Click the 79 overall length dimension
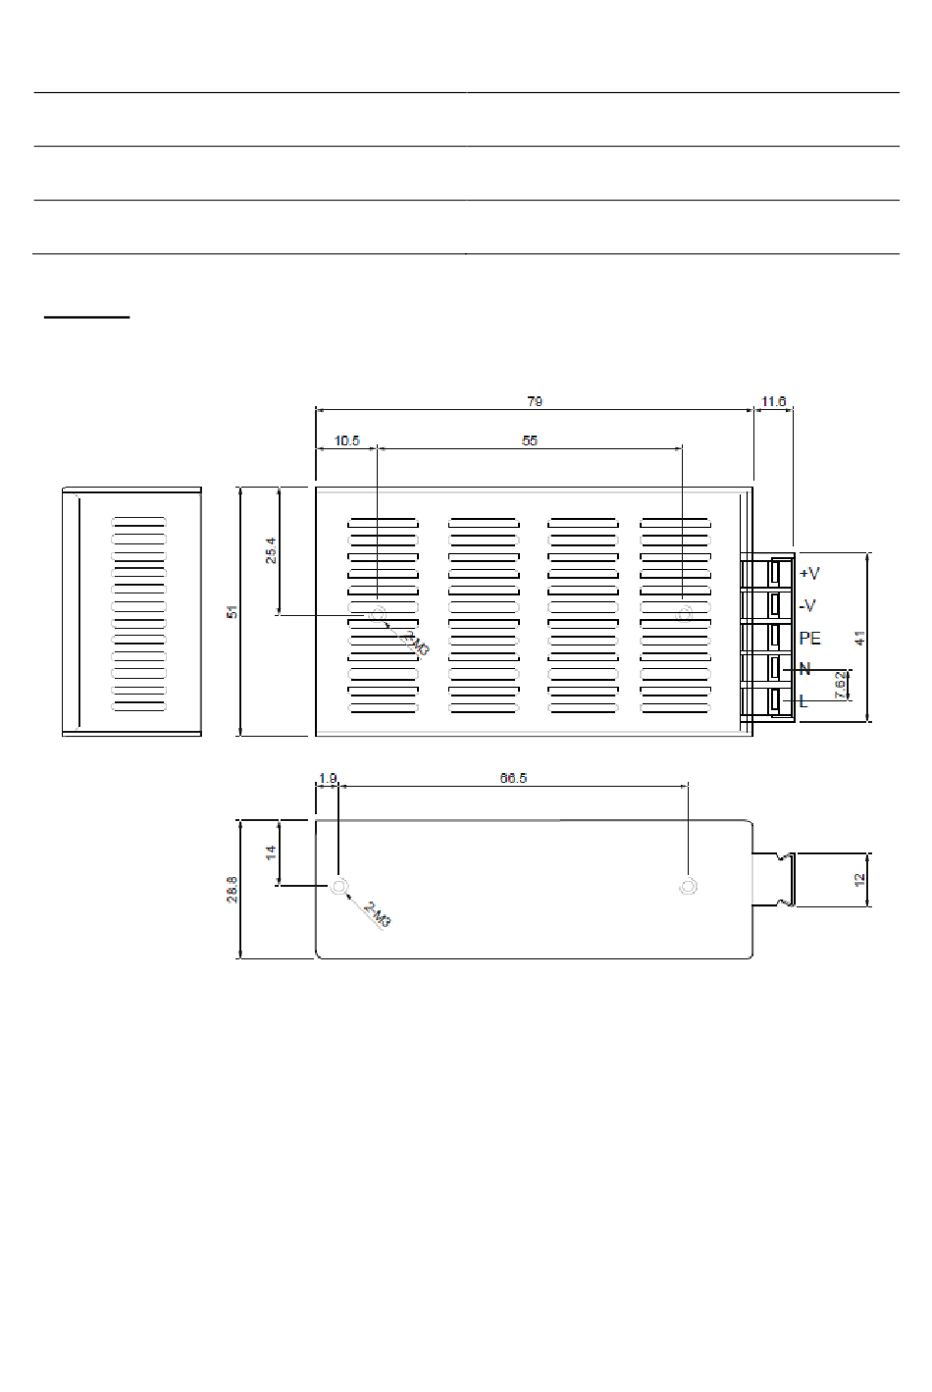tap(535, 401)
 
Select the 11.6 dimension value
tap(773, 401)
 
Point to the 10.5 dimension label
tap(347, 440)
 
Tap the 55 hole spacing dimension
tap(530, 440)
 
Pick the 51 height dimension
tap(233, 611)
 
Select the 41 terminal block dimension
tap(859, 638)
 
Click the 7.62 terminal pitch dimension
tap(840, 685)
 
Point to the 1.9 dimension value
tap(328, 778)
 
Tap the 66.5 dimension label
tap(513, 778)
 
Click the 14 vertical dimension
tap(271, 851)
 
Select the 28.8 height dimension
tap(233, 889)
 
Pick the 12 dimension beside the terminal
tap(859, 880)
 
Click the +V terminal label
tap(809, 573)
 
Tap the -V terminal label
tap(807, 605)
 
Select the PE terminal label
tap(810, 638)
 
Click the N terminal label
tap(804, 669)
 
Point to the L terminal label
tap(803, 701)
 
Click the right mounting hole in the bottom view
tap(688, 887)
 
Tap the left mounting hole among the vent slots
tap(378, 615)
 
